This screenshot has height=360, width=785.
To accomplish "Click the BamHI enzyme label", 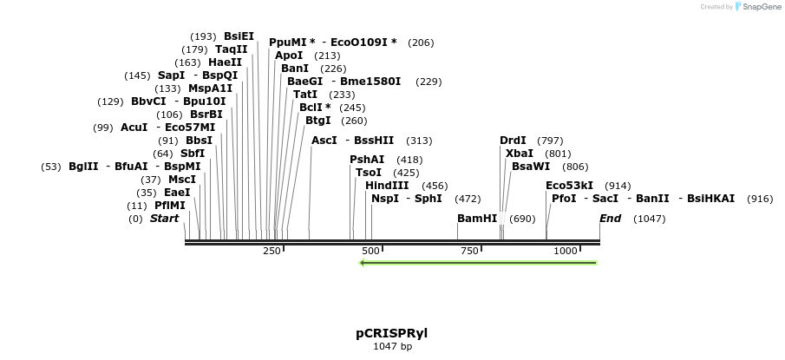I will coord(477,219).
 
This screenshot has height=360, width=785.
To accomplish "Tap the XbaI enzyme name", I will coord(520,154).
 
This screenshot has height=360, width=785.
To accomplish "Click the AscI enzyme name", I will coord(324,141).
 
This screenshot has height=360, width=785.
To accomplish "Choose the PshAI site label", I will coord(367,160).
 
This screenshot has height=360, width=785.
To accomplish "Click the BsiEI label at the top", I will coord(239,36).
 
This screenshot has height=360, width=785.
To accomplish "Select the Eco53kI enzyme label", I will coord(570,186).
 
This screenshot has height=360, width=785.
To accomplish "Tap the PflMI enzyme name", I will coord(170,206).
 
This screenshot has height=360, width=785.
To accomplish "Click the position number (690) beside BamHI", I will coord(522,219).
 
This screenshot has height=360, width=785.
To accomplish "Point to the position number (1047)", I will coord(650,219).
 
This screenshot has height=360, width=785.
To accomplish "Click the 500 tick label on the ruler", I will coord(371,251).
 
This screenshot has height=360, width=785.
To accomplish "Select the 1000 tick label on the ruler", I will coord(566,251).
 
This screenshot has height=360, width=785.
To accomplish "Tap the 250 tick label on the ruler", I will coord(271,251).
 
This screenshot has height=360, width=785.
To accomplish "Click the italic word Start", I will coord(164,219).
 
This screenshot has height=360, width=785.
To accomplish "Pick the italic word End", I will coord(611,219).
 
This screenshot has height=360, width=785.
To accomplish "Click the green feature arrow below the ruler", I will coord(478,262).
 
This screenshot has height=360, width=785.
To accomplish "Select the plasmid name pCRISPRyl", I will coord(391,332).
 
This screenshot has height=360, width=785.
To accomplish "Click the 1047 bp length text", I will coord(392,347).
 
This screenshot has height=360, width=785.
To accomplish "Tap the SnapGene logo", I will coord(757,7).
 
